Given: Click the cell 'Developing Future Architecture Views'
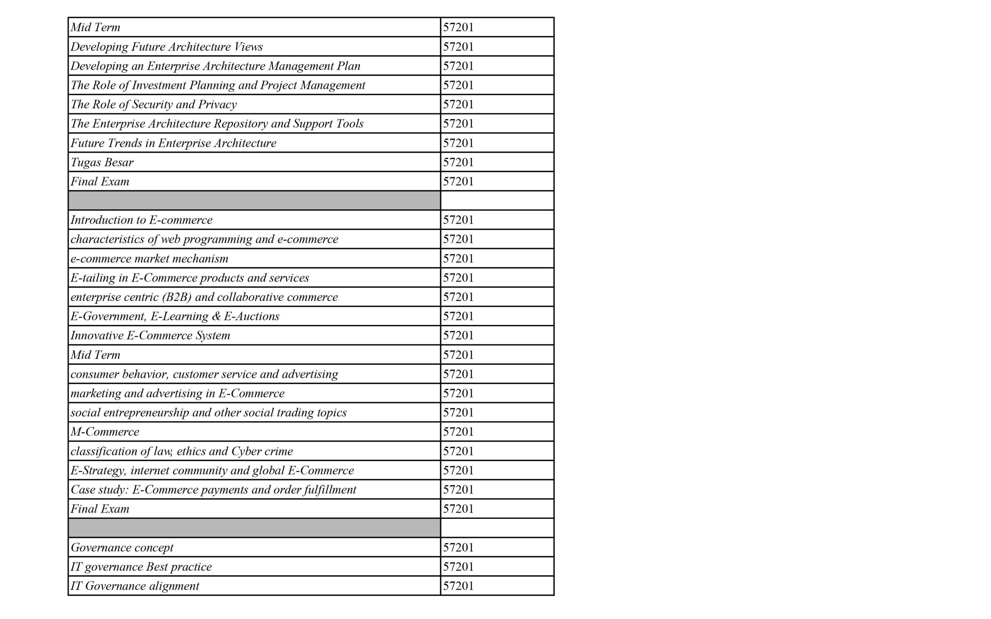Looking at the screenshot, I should click(167, 47).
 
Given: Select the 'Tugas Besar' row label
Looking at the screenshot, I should click(102, 162).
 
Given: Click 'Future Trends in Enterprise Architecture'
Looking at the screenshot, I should click(173, 143).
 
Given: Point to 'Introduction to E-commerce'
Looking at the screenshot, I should click(141, 220).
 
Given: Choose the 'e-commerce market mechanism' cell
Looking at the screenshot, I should click(149, 259).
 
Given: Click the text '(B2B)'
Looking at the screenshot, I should click(177, 297).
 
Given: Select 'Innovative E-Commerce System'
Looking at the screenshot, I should click(150, 336).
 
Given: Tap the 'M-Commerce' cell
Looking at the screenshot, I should click(105, 432).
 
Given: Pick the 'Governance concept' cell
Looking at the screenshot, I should click(122, 548).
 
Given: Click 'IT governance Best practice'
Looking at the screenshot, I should click(141, 567).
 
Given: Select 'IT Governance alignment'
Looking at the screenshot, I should click(135, 586).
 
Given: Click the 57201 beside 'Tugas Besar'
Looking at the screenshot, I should click(458, 162).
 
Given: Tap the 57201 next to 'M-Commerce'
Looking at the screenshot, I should click(458, 432).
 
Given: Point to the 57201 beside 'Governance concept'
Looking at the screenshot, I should click(458, 548).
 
